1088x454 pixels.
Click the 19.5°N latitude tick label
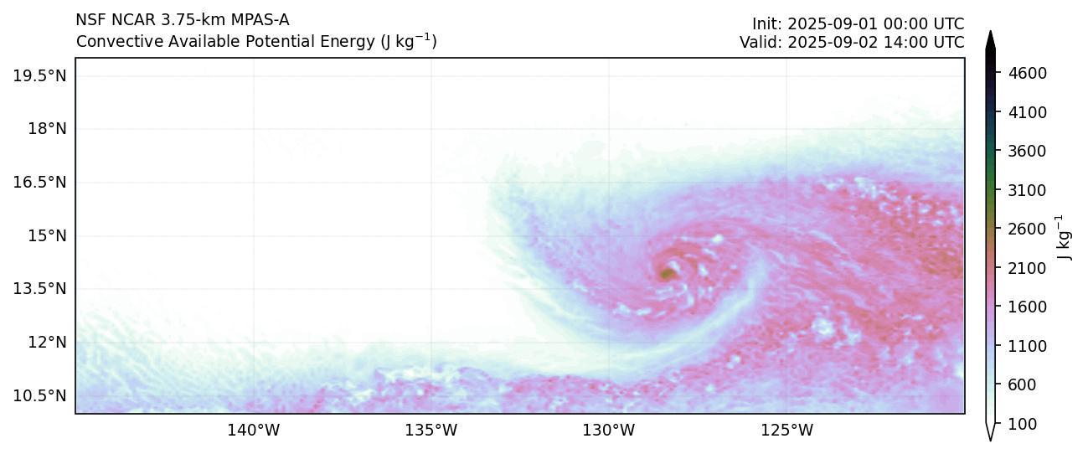pos(39,76)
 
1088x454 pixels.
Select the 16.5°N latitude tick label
pos(39,183)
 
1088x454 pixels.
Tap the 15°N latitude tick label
pos(46,236)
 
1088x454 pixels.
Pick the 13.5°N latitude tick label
pos(39,289)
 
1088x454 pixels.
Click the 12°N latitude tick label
pos(46,343)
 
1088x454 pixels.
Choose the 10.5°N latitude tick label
pos(39,395)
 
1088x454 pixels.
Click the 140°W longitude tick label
pos(253,431)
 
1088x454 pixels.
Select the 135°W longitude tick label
pos(431,431)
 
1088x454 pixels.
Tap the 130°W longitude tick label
pos(608,431)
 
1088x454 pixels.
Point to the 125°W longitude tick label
pos(786,431)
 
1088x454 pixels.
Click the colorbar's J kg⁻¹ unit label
pos(1065,238)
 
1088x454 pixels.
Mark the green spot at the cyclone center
pos(668,273)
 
